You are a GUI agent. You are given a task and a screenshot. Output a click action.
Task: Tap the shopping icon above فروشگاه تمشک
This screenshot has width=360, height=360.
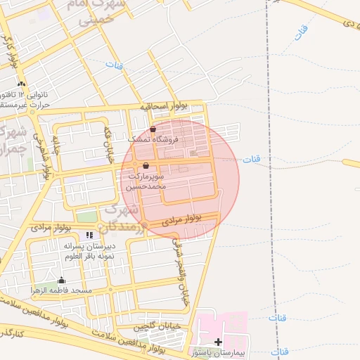(x=153, y=129)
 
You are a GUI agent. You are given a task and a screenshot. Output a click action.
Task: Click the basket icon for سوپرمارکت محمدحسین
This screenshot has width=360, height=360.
(x=146, y=166)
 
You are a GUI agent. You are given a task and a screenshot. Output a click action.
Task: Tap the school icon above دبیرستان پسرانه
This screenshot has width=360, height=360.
(x=89, y=235)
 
